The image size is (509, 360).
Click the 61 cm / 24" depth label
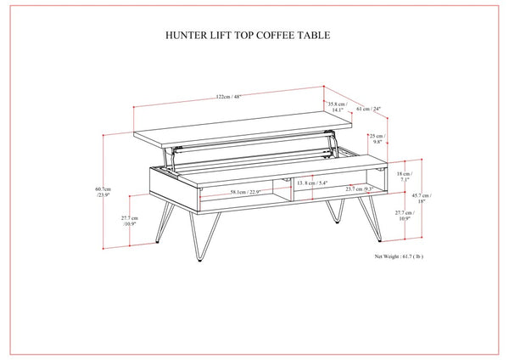pyautogui.click(x=368, y=108)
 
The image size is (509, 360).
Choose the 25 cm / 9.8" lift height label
pyautogui.click(x=377, y=139)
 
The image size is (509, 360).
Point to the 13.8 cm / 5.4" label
pyautogui.click(x=310, y=183)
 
